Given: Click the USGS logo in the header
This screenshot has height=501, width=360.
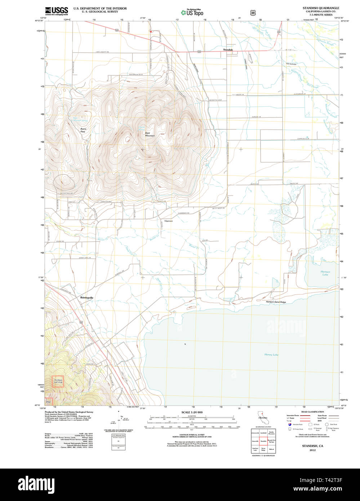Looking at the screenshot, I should click(x=57, y=11).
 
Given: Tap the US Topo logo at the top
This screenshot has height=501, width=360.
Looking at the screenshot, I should click(x=192, y=13).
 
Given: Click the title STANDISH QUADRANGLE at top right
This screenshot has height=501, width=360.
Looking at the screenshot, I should click(x=320, y=8).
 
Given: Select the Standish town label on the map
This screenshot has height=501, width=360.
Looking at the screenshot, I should click(x=228, y=50).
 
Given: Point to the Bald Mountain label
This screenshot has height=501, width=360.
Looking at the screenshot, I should click(x=150, y=134).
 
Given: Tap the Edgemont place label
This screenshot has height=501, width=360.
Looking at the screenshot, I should click(x=168, y=221).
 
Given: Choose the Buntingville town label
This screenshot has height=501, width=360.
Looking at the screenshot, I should click(x=86, y=298).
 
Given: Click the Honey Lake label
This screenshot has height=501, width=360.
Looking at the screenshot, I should click(x=271, y=355).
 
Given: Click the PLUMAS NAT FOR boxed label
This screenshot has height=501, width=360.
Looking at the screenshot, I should click(x=58, y=381).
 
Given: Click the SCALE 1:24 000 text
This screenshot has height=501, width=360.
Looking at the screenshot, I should click(x=192, y=412).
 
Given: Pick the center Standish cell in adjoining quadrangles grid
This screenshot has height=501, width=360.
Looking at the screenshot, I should click(x=263, y=441).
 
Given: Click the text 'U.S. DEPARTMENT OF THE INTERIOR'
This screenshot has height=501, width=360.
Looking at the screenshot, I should click(x=100, y=8).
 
